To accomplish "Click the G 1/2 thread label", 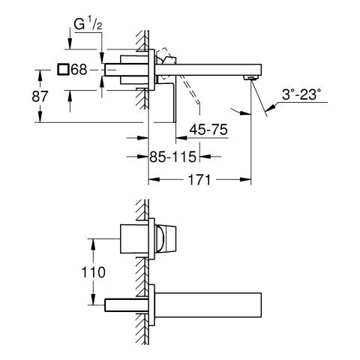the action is pos(88,25).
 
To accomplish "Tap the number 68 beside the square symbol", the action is pos(79,70).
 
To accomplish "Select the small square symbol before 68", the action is pos(63,69).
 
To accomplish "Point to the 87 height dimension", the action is pos(40,96).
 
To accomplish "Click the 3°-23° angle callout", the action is pos(301,95).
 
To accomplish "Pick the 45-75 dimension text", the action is pos(208,130).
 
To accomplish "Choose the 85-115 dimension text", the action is pos(172,157).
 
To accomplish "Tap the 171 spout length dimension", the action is pos(199,179).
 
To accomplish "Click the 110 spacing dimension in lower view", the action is pos(93,272).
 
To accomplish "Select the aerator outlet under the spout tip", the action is pos(250,77).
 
